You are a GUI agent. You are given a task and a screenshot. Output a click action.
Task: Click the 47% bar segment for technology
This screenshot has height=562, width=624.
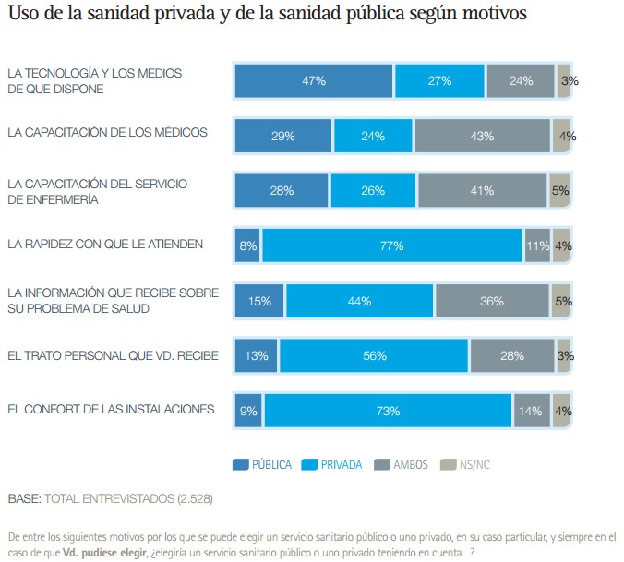(x=314, y=81)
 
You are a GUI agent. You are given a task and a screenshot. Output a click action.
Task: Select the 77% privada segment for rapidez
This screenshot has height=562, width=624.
(x=392, y=245)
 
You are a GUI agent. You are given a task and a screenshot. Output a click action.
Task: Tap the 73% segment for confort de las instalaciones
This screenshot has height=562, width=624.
(x=388, y=411)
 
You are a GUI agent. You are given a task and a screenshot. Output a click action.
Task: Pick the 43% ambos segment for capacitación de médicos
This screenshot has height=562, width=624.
(x=482, y=136)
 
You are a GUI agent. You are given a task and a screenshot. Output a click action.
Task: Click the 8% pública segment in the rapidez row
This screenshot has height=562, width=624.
(x=248, y=245)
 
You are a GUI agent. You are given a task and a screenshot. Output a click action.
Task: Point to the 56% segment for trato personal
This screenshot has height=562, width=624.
(x=374, y=355)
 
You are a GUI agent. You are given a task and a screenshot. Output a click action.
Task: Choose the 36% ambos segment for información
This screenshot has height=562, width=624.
(x=492, y=301)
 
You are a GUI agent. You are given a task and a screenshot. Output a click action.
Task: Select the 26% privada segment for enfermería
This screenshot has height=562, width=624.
(x=373, y=191)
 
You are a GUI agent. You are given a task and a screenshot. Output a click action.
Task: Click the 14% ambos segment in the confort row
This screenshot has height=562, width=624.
(x=531, y=411)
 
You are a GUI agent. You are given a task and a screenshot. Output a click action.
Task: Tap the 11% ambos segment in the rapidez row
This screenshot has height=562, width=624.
(x=537, y=245)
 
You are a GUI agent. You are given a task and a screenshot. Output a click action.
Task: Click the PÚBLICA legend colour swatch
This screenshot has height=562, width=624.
(x=241, y=464)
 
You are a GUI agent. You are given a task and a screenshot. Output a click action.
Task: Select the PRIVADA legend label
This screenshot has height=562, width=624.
(x=342, y=464)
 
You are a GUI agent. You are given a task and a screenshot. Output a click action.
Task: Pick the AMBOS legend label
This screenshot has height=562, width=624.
(x=411, y=464)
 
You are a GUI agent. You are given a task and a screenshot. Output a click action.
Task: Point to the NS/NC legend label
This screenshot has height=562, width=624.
(x=476, y=464)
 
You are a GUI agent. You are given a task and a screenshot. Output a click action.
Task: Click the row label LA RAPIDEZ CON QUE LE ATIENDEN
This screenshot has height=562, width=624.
(x=105, y=245)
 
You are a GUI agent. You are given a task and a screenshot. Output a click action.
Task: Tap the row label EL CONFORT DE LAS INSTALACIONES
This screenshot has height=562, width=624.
(x=111, y=409)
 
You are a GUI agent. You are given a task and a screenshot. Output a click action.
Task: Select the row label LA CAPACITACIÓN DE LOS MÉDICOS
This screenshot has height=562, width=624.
(x=107, y=132)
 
